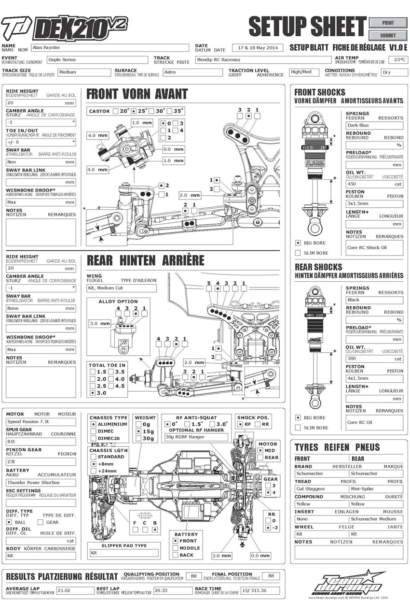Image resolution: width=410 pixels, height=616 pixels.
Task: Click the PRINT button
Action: click(388, 23)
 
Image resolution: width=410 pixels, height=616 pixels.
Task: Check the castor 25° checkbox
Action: click(134, 111)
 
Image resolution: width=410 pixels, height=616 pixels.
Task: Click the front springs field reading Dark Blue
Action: click(374, 125)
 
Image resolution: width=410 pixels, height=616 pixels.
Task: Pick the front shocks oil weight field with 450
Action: click(374, 184)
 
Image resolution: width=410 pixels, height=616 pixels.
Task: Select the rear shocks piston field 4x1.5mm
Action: click(374, 378)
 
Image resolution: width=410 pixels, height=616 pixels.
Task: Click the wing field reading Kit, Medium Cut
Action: click(121, 288)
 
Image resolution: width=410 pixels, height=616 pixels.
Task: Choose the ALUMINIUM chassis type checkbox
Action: click(94, 424)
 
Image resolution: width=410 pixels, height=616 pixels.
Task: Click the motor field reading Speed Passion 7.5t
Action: click(41, 421)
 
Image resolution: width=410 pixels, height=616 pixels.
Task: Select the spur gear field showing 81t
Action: click(41, 442)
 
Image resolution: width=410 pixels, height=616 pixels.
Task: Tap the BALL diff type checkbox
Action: click(9, 522)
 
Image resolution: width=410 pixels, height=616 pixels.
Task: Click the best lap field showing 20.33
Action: click(172, 590)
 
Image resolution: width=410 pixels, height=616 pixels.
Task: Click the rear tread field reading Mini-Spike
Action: click(376, 488)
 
